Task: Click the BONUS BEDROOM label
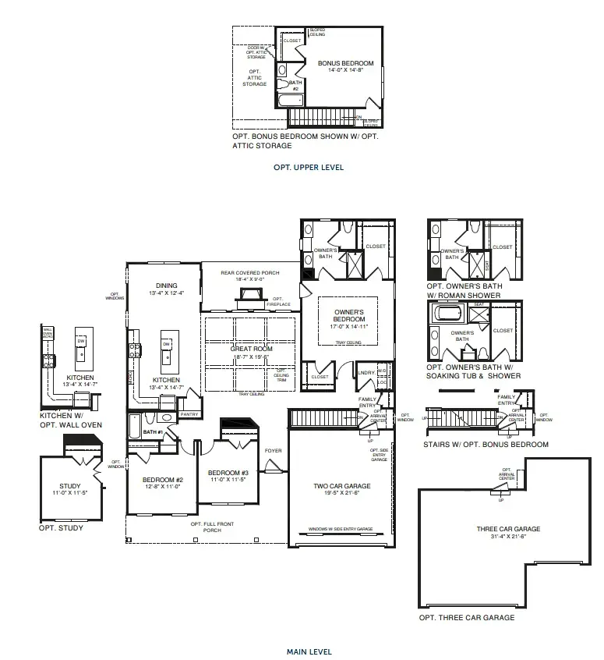pyautogui.click(x=345, y=63)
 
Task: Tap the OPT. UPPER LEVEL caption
pyautogui.click(x=309, y=167)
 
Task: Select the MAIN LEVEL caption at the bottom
pyautogui.click(x=309, y=651)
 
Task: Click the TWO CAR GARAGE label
pyautogui.click(x=342, y=486)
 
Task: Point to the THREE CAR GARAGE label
pyautogui.click(x=508, y=529)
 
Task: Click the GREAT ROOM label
pyautogui.click(x=251, y=349)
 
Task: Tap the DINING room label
pyautogui.click(x=166, y=286)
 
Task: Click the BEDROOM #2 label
pyautogui.click(x=162, y=480)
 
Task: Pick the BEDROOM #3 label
pyautogui.click(x=228, y=473)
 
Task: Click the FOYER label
pyautogui.click(x=273, y=450)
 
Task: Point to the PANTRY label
pyautogui.click(x=189, y=414)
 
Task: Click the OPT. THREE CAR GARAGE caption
pyautogui.click(x=467, y=617)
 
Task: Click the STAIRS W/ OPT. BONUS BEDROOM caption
pyautogui.click(x=487, y=444)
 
